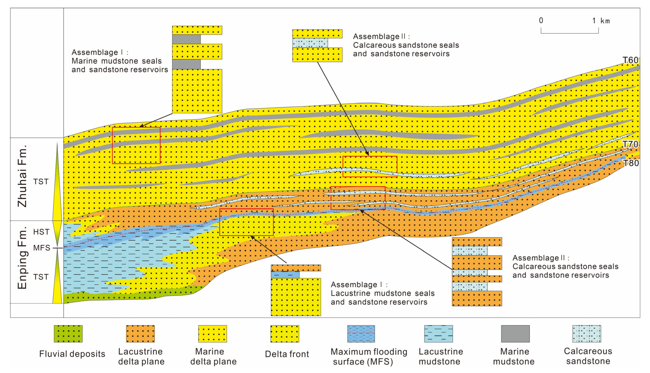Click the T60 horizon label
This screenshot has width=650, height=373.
click(631, 60)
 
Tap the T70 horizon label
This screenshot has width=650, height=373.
click(631, 144)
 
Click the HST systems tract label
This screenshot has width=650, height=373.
click(41, 232)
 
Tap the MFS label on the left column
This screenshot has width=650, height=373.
click(42, 248)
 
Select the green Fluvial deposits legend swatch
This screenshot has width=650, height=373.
click(68, 334)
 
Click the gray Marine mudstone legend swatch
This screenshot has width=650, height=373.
click(515, 334)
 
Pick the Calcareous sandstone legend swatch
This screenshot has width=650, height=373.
click(587, 334)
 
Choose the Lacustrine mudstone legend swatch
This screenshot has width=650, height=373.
click(439, 334)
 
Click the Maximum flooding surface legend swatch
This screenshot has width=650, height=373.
click(361, 334)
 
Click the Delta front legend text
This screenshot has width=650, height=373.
click(287, 354)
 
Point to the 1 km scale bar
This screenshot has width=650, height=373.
click(570, 31)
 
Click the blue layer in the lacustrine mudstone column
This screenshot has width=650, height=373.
click(285, 275)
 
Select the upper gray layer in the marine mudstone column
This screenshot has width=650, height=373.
click(186, 39)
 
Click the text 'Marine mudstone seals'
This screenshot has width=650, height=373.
click(117, 61)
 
